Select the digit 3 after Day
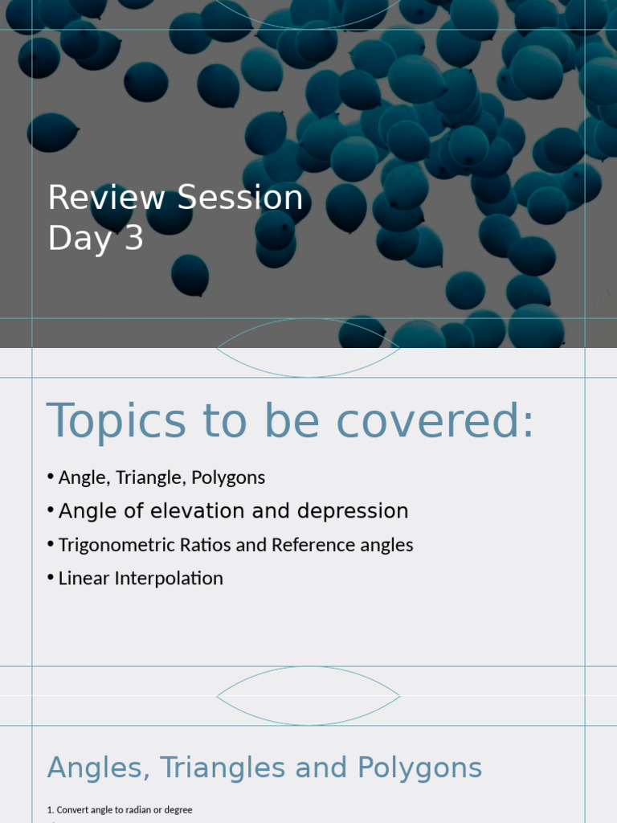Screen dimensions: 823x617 coord(133,239)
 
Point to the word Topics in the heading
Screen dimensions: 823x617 coord(116,421)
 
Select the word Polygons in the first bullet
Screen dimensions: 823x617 coord(228,477)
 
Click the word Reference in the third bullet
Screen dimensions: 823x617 coord(309,545)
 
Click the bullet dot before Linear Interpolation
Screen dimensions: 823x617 coord(51,579)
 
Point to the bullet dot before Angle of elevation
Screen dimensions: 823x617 coord(51,511)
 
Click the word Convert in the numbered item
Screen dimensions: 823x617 coord(73,810)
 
